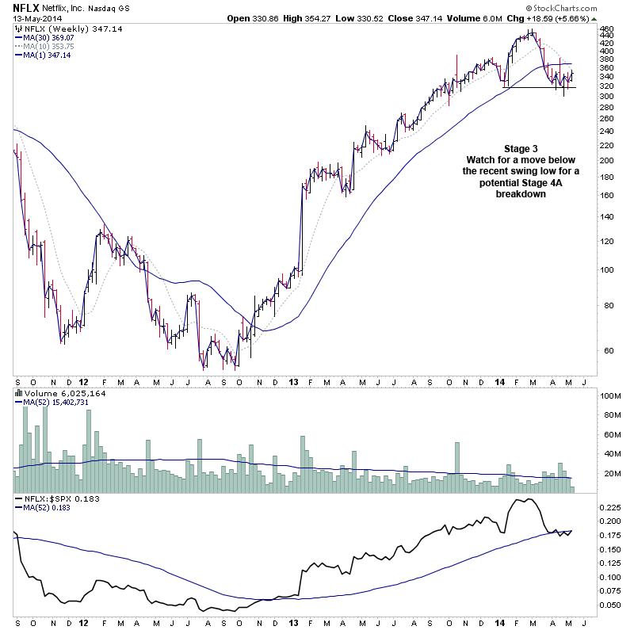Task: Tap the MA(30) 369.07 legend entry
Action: point(49,36)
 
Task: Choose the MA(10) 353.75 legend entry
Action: point(49,46)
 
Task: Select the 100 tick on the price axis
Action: point(607,269)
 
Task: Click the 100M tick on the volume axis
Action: point(609,395)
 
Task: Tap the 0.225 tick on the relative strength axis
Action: point(610,506)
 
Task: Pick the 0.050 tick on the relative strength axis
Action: point(610,605)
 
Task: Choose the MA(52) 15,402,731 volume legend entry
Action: point(55,403)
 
